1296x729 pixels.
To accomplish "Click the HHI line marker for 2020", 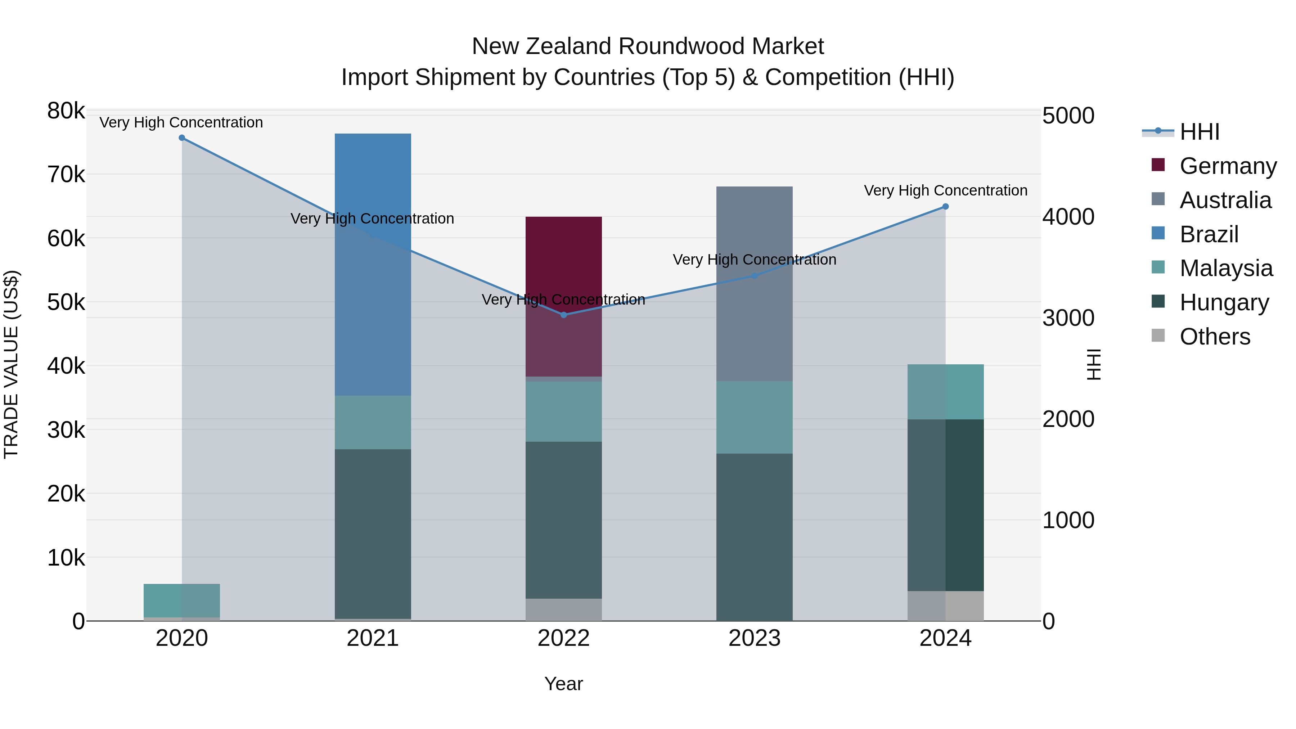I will [x=182, y=138].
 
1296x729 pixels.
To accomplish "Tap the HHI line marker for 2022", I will [x=563, y=315].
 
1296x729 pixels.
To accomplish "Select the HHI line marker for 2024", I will [x=945, y=206].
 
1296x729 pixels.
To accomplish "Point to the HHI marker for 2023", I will [x=754, y=276].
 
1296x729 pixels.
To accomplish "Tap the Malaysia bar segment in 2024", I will [x=945, y=391].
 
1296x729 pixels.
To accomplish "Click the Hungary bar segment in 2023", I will [x=754, y=537].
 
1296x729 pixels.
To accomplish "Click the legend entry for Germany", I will [x=1228, y=166].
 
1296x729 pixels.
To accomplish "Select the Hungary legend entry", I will [x=1224, y=302].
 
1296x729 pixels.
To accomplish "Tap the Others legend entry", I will [x=1215, y=337].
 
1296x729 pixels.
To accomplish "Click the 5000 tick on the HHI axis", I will [x=1068, y=116].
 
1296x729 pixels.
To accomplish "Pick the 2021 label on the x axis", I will [x=373, y=638].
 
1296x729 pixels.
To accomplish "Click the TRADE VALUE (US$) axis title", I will [x=11, y=364].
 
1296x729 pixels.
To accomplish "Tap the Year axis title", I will [x=563, y=684].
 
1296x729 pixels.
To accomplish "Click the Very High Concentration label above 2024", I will [x=945, y=191].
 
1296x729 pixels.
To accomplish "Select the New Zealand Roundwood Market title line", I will [x=648, y=46].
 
